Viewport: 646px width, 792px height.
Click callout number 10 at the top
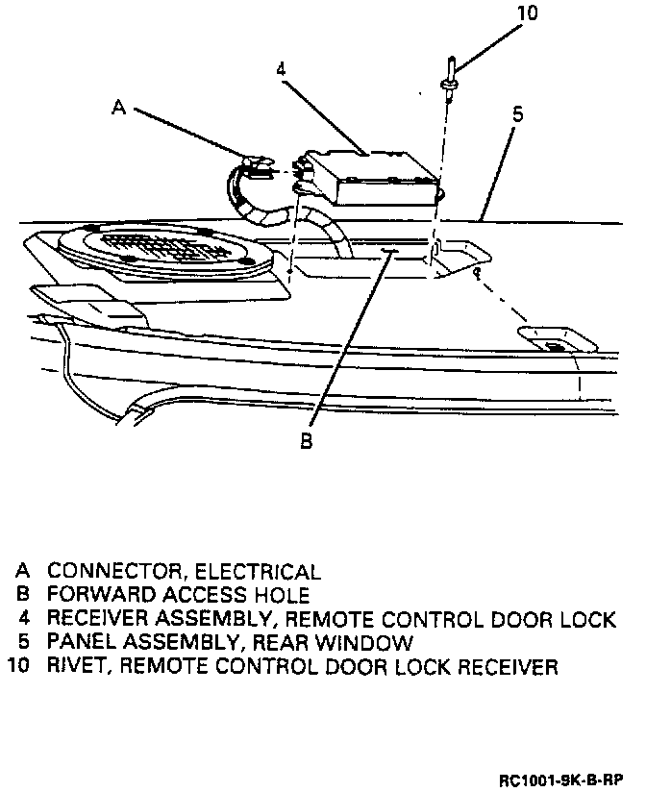(x=528, y=13)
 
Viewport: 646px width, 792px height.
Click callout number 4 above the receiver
(x=280, y=70)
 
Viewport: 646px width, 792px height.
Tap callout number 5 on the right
(x=517, y=113)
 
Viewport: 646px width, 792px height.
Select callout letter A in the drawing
(x=119, y=109)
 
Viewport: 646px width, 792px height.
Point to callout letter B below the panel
(x=305, y=441)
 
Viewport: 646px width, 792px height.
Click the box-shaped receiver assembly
(x=375, y=178)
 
